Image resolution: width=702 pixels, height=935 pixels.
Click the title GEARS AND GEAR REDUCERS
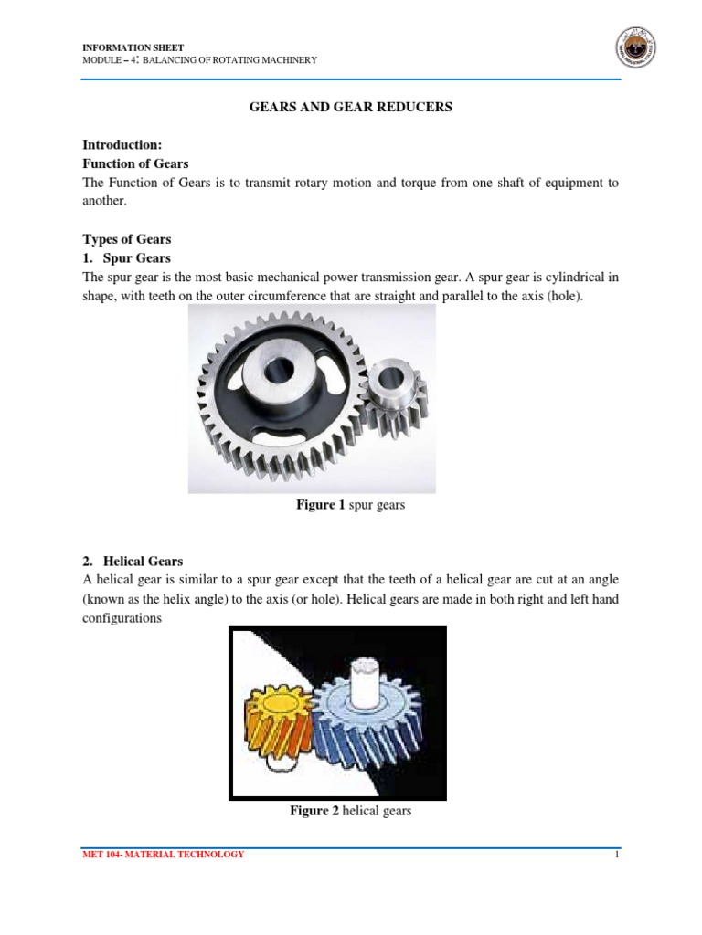click(351, 107)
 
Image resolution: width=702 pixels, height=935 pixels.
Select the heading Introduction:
click(122, 144)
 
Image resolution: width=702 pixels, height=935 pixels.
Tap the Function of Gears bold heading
click(135, 163)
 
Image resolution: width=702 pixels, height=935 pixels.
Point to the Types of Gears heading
click(127, 239)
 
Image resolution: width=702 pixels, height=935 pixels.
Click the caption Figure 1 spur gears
click(350, 505)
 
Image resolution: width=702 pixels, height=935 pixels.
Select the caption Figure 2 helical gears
click(350, 810)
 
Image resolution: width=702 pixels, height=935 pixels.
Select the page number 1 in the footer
click(617, 855)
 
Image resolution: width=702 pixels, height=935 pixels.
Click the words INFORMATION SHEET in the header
click(121, 47)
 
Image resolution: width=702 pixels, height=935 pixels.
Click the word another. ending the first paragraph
click(106, 202)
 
